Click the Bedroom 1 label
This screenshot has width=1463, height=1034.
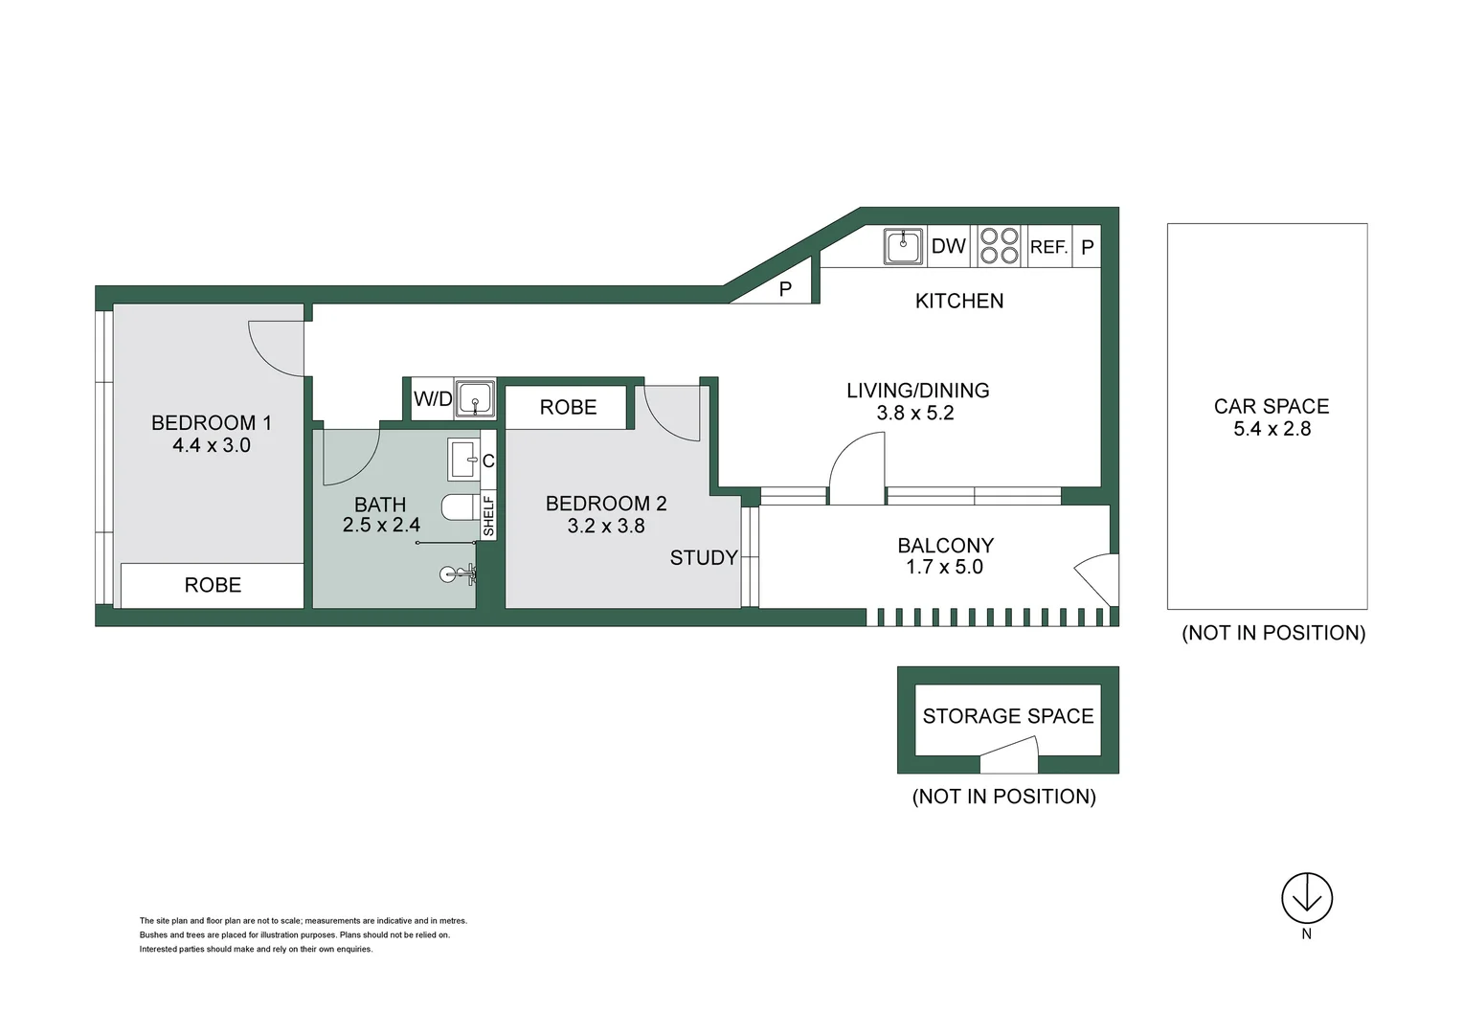pyautogui.click(x=211, y=422)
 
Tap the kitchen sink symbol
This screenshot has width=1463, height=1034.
pyautogui.click(x=902, y=246)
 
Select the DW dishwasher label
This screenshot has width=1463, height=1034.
pyautogui.click(x=948, y=246)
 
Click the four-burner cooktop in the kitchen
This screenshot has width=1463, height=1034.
pyautogui.click(x=999, y=246)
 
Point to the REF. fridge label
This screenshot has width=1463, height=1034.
pyautogui.click(x=1048, y=247)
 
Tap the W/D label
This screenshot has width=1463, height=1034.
pyautogui.click(x=432, y=399)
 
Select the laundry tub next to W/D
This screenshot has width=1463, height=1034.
pyautogui.click(x=475, y=398)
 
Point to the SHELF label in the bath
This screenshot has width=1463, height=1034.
pyautogui.click(x=488, y=515)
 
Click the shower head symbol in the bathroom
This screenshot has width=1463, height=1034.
pyautogui.click(x=450, y=574)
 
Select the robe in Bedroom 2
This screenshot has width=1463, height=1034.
pyautogui.click(x=567, y=407)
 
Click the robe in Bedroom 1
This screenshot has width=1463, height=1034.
pyautogui.click(x=213, y=585)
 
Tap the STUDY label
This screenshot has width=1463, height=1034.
pyautogui.click(x=704, y=558)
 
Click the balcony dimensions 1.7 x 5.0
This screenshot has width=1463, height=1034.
pyautogui.click(x=944, y=567)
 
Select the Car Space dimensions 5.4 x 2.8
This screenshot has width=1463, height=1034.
pyautogui.click(x=1272, y=429)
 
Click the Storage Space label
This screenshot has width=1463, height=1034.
pyautogui.click(x=1007, y=716)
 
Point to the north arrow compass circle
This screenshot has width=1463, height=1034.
pyautogui.click(x=1306, y=898)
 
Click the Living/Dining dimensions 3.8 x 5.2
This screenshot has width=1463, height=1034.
pyautogui.click(x=914, y=413)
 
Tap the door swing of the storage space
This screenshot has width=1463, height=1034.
pyautogui.click(x=1011, y=756)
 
